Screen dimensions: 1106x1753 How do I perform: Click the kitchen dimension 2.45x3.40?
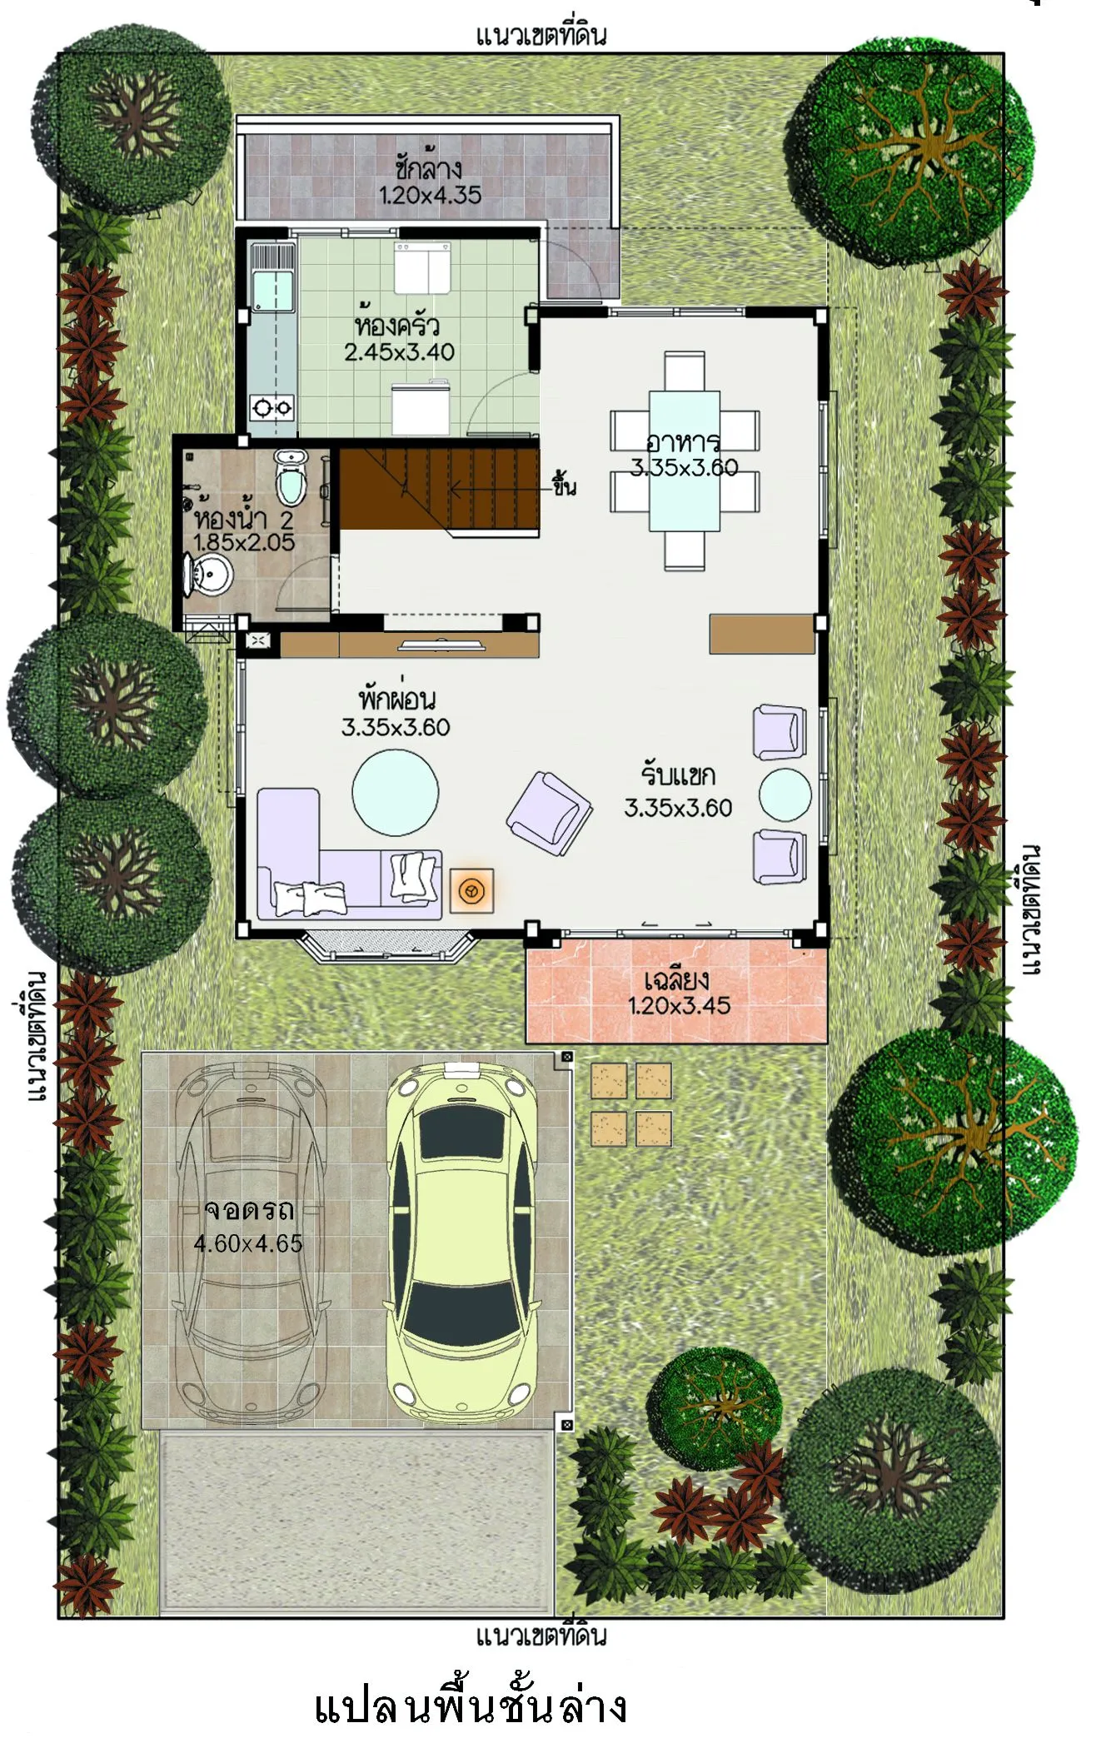tap(400, 352)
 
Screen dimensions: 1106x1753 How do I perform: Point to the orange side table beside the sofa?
tap(471, 891)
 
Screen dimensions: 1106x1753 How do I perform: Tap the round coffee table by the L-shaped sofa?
tap(396, 792)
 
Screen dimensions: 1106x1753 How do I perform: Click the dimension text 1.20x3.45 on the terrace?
tap(679, 1006)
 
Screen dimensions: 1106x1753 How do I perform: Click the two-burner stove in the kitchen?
tap(272, 408)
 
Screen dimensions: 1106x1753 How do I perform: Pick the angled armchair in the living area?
tap(550, 814)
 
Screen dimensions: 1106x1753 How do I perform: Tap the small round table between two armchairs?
tap(785, 794)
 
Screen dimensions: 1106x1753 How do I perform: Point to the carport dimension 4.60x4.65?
tap(248, 1244)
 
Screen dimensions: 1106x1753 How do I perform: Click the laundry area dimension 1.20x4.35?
tap(430, 196)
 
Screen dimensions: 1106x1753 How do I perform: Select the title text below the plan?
tap(470, 1707)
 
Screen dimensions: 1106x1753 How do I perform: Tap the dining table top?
tap(685, 461)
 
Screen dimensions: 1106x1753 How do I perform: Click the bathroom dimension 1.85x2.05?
tap(244, 543)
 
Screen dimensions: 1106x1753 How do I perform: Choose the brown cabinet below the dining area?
tap(762, 635)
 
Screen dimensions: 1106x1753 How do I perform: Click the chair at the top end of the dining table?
tap(685, 371)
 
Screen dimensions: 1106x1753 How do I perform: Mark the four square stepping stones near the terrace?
tap(631, 1105)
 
